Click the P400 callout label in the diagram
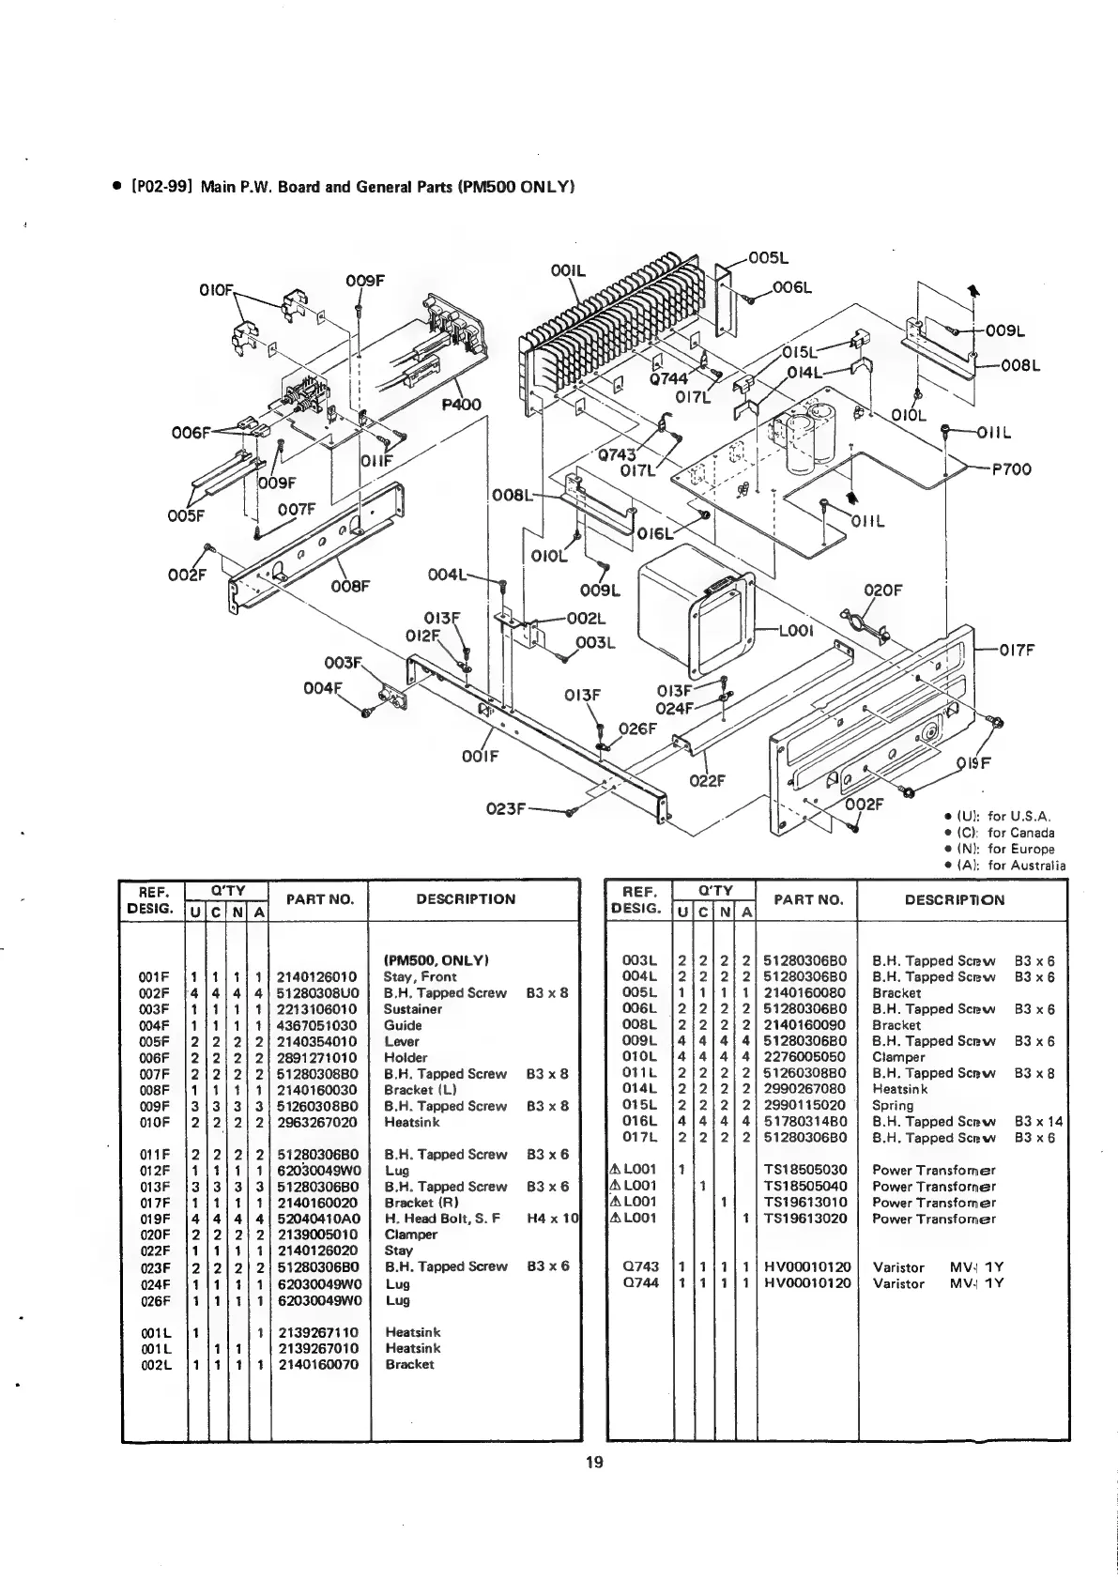coord(461,405)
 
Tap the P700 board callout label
coord(1012,469)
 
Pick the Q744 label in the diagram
coord(669,379)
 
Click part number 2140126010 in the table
coord(317,976)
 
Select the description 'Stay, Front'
coord(421,976)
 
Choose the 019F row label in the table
coord(153,1219)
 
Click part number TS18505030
coord(805,1170)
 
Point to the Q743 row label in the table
coord(638,1266)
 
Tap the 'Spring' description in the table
coord(893,1105)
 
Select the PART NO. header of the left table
coord(319,899)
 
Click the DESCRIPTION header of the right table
coord(955,899)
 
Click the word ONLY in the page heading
coord(546,186)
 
